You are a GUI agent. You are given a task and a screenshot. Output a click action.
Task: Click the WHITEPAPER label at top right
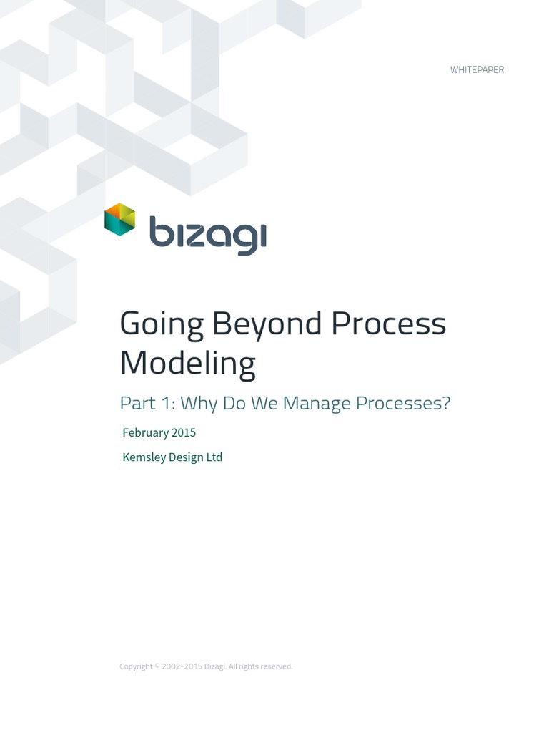(477, 69)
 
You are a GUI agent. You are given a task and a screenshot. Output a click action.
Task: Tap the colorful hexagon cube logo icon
(119, 220)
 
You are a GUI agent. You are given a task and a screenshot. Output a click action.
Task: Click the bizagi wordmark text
(207, 233)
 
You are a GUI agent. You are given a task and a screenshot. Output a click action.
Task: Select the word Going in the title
(161, 324)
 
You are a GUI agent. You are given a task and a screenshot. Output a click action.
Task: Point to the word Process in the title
(388, 324)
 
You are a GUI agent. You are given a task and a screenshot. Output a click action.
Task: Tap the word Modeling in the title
(187, 364)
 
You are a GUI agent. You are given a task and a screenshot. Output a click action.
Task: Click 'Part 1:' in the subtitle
(147, 404)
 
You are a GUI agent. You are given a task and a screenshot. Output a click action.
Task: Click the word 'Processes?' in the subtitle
(403, 404)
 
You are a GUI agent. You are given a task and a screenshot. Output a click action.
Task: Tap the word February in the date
(145, 432)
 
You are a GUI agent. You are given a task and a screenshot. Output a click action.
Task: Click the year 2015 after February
(184, 432)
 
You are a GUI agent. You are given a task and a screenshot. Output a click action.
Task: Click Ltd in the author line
(214, 457)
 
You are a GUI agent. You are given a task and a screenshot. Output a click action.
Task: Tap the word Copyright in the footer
(136, 666)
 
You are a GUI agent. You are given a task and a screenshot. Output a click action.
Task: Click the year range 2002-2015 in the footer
(182, 666)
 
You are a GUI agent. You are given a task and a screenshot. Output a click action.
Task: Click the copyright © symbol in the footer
(157, 666)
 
